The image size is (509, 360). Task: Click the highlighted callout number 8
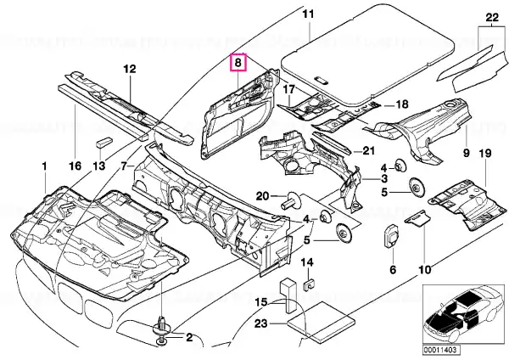238,62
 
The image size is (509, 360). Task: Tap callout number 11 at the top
309,14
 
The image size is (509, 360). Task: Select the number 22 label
492,17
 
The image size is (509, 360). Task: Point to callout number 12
130,69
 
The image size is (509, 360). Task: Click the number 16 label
75,166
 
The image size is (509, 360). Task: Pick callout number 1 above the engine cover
44,166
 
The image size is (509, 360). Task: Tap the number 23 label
260,323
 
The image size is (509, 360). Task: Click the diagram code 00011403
441,350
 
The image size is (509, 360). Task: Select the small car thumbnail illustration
463,313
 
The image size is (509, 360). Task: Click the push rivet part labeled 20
292,201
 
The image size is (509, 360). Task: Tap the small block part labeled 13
103,143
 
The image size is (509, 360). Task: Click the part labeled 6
391,238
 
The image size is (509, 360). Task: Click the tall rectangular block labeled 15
288,295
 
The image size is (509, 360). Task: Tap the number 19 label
485,153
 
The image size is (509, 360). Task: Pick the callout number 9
466,153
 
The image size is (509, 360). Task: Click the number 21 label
368,151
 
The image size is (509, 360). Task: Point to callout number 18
401,104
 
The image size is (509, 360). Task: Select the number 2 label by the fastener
189,337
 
